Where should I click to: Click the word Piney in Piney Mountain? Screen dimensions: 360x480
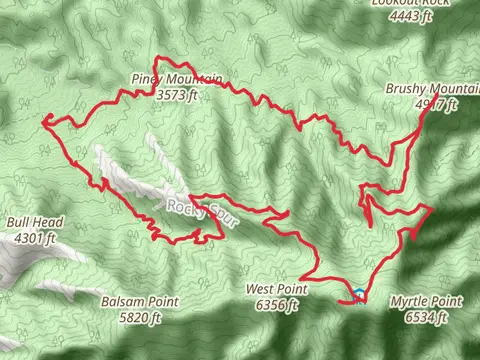147,78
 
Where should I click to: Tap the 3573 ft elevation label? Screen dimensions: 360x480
178,95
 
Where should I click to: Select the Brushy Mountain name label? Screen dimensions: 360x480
421,89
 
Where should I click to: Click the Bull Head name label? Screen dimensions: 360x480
34,222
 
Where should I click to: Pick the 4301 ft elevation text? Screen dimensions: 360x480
36,238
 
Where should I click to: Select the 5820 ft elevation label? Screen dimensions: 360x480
140,318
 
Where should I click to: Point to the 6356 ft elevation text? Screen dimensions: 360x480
277,306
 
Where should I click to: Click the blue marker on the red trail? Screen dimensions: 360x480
358,295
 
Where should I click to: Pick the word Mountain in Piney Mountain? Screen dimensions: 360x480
194,80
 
